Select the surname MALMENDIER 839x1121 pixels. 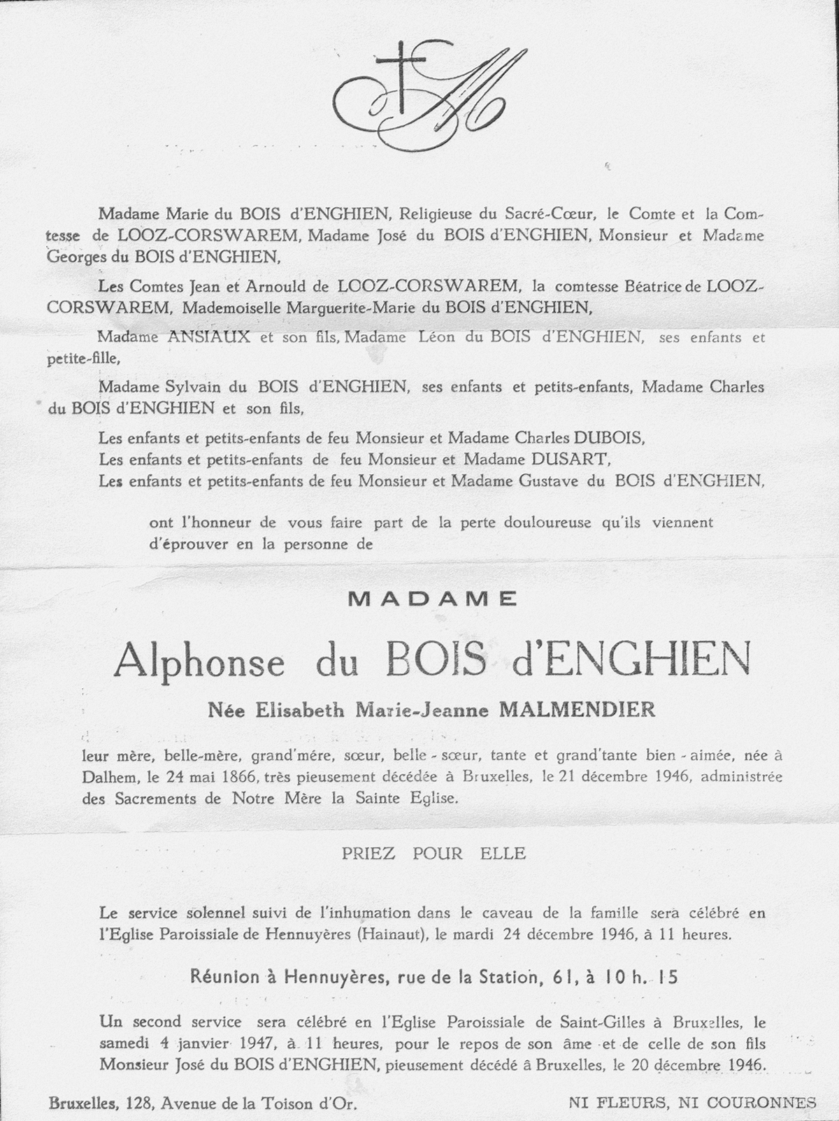(576, 711)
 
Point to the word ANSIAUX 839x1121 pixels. (200, 337)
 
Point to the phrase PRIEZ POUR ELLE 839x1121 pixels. (433, 854)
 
